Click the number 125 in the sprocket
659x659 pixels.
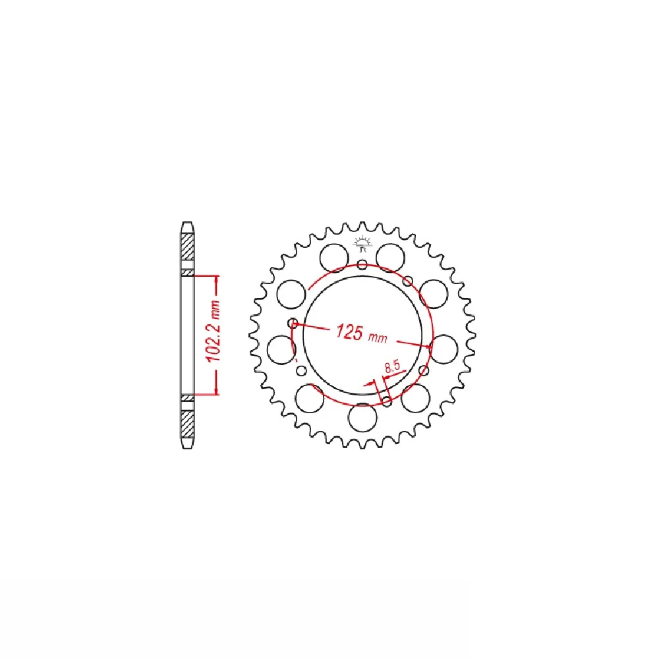coord(349,331)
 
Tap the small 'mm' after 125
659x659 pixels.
coord(378,337)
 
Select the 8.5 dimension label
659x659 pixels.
coord(392,366)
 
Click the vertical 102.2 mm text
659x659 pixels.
coord(213,331)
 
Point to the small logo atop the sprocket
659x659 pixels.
coord(362,244)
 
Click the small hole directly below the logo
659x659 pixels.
coord(362,265)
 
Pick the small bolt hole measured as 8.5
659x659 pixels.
coord(387,401)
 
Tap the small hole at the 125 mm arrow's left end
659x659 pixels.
coord(293,323)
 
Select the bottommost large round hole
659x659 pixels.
coord(362,417)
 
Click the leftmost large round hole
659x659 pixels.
coord(281,350)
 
